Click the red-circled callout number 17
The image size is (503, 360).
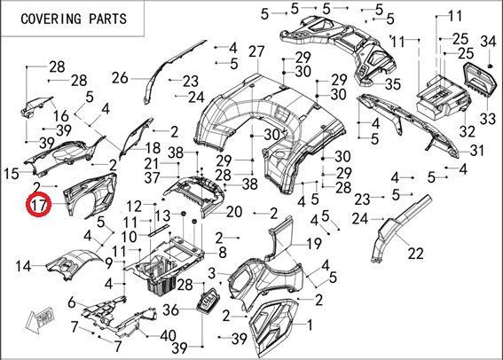click(39, 205)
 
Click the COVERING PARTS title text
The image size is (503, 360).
click(74, 19)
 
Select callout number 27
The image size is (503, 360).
click(256, 52)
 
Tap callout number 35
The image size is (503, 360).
click(393, 84)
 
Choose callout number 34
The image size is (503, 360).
click(488, 42)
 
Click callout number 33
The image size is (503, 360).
click(487, 119)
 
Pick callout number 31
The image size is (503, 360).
click(476, 150)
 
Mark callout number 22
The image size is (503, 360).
click(416, 254)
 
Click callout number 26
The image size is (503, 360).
click(120, 78)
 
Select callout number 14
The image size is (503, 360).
click(23, 266)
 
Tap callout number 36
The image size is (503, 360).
click(171, 309)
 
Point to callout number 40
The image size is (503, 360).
click(168, 336)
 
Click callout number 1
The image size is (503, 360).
click(310, 325)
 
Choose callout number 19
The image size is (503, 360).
click(314, 244)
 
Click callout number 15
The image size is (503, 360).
click(12, 174)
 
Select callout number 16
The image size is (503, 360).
click(61, 116)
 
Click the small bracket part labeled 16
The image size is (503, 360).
click(35, 106)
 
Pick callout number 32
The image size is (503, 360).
click(467, 131)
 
